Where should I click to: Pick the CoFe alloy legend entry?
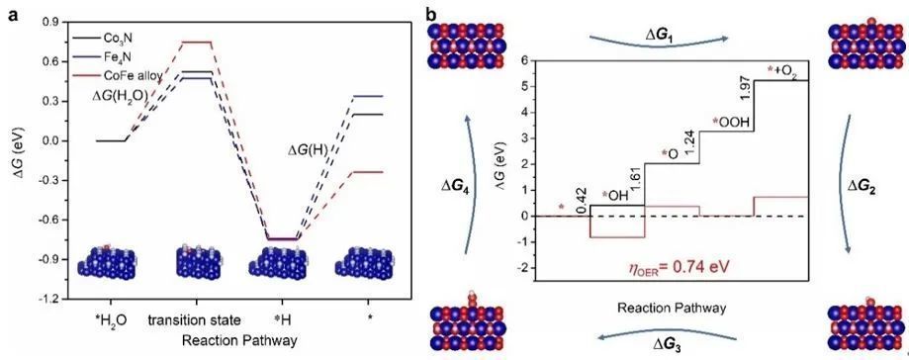click(111, 74)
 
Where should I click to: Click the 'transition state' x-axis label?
click(194, 320)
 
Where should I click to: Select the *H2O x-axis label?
click(108, 320)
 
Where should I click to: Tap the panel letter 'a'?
click(11, 15)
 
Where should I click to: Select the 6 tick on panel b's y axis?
click(523, 60)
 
